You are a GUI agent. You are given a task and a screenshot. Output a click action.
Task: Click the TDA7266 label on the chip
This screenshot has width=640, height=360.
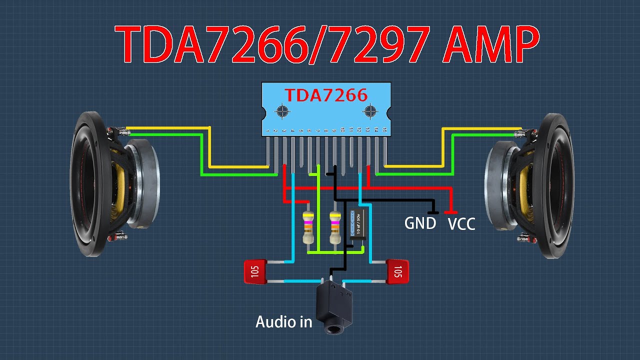click(x=326, y=94)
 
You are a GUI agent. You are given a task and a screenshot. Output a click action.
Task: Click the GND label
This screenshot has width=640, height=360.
click(x=420, y=223)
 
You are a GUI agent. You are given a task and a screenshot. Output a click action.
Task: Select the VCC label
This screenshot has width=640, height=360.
click(x=461, y=224)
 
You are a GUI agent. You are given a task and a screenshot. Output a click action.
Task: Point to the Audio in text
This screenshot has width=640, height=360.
click(x=283, y=321)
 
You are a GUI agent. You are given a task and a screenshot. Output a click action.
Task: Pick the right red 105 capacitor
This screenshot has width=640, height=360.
click(x=398, y=271)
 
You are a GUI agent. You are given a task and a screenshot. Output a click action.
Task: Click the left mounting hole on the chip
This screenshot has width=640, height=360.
click(x=282, y=110)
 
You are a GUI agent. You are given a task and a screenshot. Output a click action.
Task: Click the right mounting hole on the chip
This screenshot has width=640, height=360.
click(x=370, y=110)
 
